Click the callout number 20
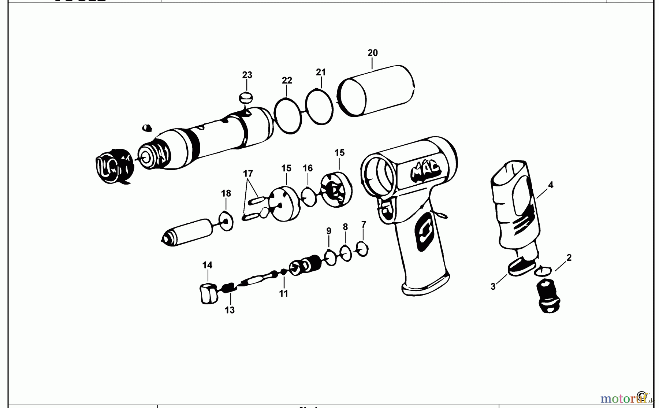372,53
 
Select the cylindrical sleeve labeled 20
377,92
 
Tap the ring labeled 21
319,106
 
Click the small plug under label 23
246,98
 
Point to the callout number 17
248,173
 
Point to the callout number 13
230,310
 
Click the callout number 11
283,293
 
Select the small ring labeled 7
362,249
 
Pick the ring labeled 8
346,253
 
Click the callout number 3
493,287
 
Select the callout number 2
569,258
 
